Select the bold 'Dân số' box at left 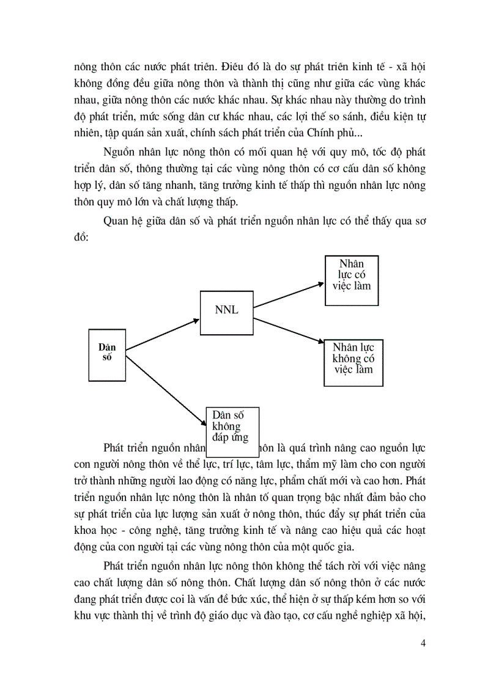tap(108, 352)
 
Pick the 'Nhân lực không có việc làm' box tap(353, 362)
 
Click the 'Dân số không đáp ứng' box tap(232, 425)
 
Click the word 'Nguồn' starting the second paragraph tap(120, 151)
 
